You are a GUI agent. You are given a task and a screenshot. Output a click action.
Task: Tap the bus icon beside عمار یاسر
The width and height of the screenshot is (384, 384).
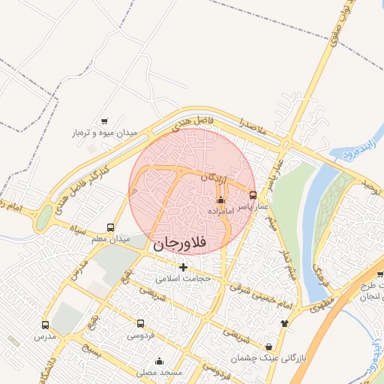pos(252,195)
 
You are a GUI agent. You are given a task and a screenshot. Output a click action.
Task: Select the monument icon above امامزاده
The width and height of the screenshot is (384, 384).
pos(220,200)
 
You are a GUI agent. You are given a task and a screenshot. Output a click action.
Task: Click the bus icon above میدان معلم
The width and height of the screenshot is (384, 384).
pos(111,227)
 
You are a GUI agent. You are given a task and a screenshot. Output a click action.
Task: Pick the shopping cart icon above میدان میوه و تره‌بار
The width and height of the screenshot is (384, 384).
pos(104,121)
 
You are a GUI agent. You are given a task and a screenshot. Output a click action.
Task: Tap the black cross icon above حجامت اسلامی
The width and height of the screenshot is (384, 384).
pos(184,266)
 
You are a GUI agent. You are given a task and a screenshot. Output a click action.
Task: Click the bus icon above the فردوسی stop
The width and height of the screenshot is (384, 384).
pos(141,323)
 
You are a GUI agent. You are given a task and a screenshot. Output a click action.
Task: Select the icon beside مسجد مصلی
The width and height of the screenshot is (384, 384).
pos(180,361)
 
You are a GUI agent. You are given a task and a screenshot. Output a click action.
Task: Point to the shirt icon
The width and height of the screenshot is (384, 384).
pos(284,323)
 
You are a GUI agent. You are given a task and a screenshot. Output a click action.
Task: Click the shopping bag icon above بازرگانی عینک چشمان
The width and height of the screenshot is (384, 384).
pos(268,346)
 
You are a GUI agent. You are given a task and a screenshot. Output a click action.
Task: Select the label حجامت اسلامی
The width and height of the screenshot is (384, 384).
pos(184,277)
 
